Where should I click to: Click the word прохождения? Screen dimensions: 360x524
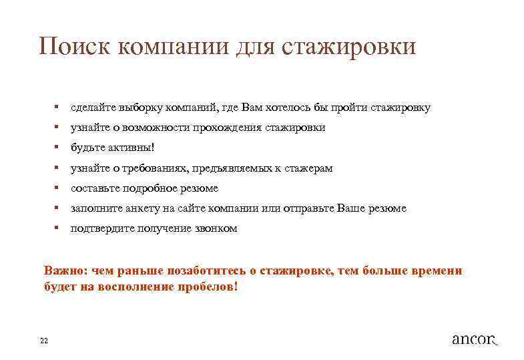[x=226, y=127]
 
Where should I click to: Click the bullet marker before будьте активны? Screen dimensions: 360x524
[x=59, y=147]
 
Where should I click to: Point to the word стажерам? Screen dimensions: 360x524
[x=310, y=168]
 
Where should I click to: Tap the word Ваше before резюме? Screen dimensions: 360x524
[x=354, y=208]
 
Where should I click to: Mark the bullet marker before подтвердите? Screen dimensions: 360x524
[x=59, y=228]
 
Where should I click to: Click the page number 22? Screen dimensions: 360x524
[x=44, y=341]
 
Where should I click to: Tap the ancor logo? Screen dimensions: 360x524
[x=475, y=339]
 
